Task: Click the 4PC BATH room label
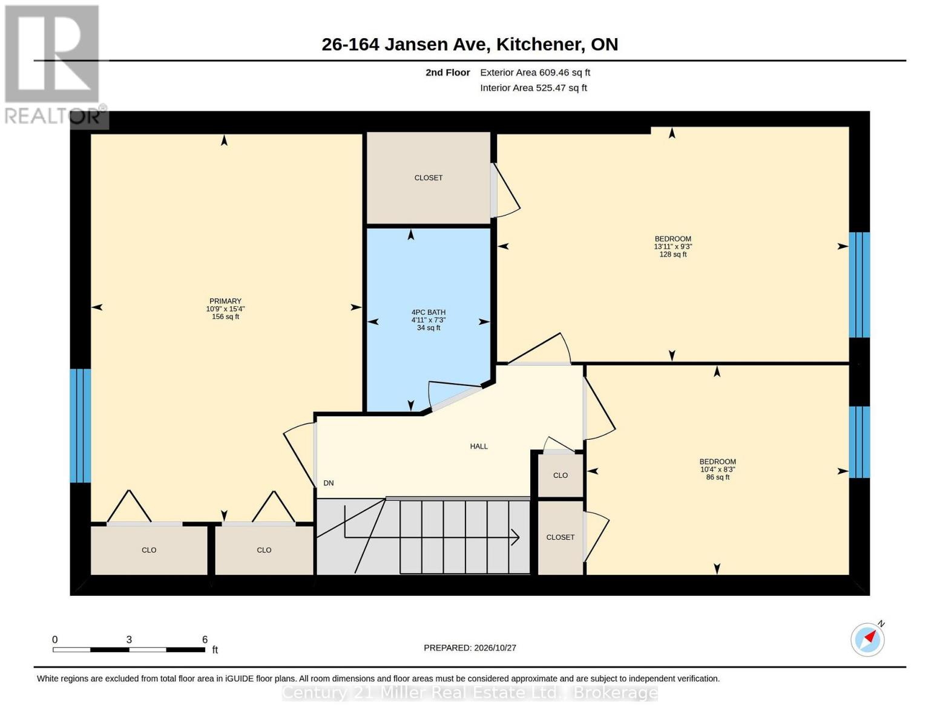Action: [x=428, y=312]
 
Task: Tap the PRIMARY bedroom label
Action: [x=225, y=301]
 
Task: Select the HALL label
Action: [x=478, y=446]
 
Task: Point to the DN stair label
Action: [x=328, y=483]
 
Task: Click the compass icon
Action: [x=867, y=639]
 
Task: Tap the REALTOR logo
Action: [x=54, y=65]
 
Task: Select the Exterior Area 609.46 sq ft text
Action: [x=535, y=72]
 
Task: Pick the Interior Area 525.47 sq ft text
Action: [x=533, y=88]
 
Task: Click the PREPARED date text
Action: [x=470, y=647]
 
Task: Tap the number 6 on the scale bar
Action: [x=205, y=639]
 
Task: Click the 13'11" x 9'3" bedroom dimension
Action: [x=672, y=246]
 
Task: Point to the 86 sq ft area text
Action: [x=718, y=477]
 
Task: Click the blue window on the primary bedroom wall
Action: [x=81, y=425]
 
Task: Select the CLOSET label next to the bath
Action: [x=429, y=177]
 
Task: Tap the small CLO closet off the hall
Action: [x=560, y=475]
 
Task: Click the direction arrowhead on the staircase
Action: [x=515, y=537]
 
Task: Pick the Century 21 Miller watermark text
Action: [x=470, y=693]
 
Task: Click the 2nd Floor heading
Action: [x=447, y=72]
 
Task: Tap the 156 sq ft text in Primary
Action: [x=225, y=316]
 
